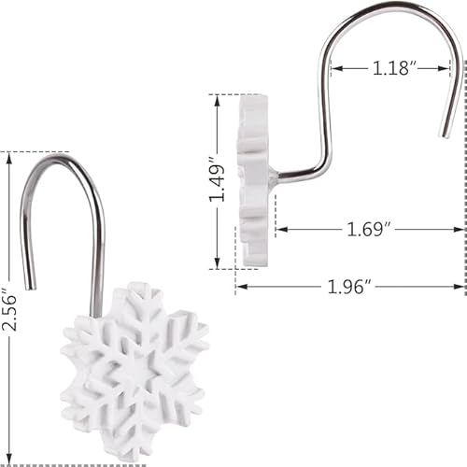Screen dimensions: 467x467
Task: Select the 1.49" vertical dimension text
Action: tap(217, 180)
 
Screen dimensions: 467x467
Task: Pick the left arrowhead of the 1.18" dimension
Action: tap(333, 68)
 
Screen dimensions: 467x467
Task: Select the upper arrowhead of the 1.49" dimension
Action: tap(217, 98)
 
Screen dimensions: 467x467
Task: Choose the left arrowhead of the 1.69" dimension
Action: tap(278, 229)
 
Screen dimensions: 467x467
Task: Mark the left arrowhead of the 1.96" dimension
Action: tap(239, 287)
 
